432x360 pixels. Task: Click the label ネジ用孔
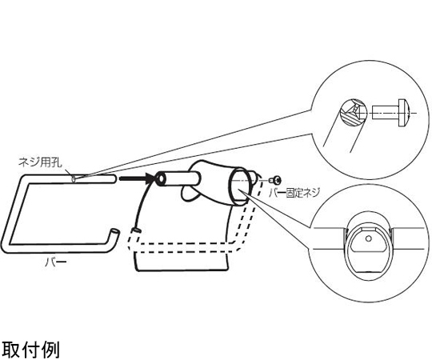tap(40, 162)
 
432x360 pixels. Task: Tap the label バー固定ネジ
tap(294, 193)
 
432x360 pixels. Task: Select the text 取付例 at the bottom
tap(30, 349)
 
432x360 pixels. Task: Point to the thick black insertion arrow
tap(136, 178)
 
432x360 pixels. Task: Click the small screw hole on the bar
tap(74, 179)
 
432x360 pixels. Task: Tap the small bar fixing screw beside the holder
tap(276, 181)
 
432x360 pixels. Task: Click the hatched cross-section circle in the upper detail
tap(354, 113)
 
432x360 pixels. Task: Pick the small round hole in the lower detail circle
tap(369, 238)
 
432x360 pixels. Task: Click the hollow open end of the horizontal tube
tap(161, 179)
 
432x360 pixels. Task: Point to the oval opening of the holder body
tap(238, 186)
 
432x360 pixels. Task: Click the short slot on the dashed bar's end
tap(137, 230)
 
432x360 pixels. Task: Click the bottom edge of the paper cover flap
tap(182, 270)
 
